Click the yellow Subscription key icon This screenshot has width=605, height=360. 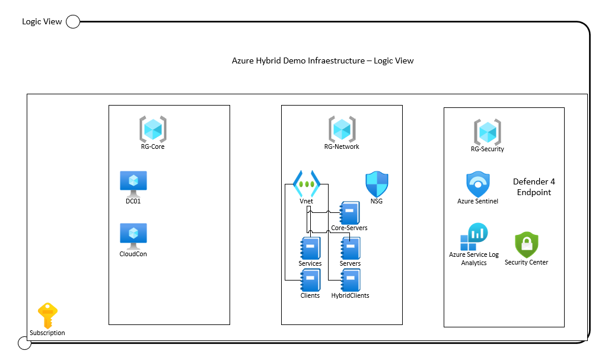point(48,315)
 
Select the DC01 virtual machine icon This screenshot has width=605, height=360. point(133,183)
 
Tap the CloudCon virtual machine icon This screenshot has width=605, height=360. point(133,236)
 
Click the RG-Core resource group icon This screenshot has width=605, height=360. point(153,129)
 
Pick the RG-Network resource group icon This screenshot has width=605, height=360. point(342,129)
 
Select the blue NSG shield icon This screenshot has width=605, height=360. point(377,184)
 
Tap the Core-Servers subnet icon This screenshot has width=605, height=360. point(349,213)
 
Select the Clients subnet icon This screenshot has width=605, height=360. point(310,280)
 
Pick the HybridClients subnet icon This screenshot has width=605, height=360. point(350,280)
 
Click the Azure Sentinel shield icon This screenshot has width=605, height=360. point(478,184)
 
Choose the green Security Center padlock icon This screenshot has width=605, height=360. point(527,244)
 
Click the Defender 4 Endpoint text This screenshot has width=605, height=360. point(534,187)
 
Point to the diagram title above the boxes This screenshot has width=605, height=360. point(323,60)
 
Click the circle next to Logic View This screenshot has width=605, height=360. point(72,22)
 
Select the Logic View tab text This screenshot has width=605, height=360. point(42,22)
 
